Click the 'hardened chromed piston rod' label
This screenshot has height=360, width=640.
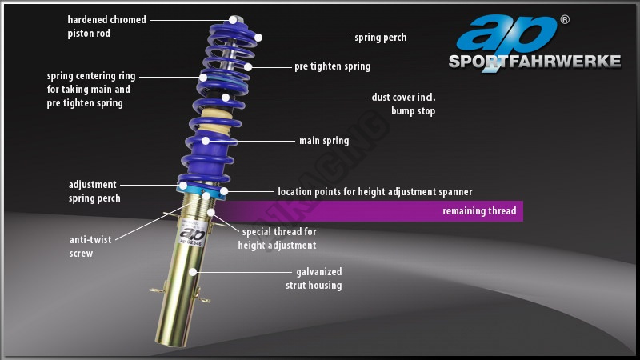pos(106,26)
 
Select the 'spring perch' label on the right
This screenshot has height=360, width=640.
pos(380,38)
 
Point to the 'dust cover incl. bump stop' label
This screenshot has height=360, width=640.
pos(403,104)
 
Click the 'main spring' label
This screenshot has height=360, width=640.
pos(324,141)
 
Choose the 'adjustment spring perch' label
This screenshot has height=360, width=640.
pos(92,190)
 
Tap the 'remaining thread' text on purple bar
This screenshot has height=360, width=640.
pos(479,212)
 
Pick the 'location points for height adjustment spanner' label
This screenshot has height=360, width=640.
pos(374,192)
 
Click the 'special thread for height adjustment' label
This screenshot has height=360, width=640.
pos(278,238)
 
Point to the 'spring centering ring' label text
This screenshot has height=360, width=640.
pos(91,89)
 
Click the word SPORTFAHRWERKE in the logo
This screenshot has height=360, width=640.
pos(534,62)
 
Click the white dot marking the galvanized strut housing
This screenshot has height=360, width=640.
pos(194,272)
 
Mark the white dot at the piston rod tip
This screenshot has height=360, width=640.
pos(233,19)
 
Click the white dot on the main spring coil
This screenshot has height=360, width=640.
pos(206,141)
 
